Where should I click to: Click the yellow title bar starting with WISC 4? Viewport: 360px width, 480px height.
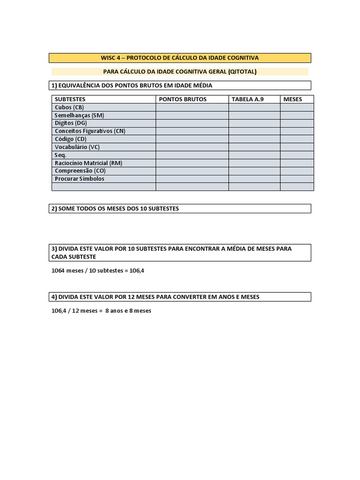click(x=180, y=58)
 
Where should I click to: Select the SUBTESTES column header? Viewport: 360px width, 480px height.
click(x=70, y=99)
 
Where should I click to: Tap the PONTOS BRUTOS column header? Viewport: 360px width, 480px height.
click(x=183, y=99)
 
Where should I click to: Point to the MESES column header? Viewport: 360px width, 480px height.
click(x=292, y=99)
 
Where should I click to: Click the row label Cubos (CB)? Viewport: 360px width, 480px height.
click(x=69, y=107)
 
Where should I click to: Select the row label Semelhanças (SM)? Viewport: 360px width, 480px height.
click(x=79, y=115)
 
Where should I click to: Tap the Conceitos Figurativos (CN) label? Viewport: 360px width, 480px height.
click(x=90, y=131)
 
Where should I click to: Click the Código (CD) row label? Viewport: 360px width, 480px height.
click(x=71, y=139)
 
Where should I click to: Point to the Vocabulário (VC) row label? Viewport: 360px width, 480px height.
click(x=77, y=147)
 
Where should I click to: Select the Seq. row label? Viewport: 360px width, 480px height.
click(x=60, y=155)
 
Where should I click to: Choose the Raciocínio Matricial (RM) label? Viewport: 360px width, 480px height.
click(x=89, y=163)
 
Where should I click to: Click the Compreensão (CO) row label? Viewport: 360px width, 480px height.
click(x=80, y=171)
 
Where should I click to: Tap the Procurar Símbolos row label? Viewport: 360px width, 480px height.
click(x=80, y=179)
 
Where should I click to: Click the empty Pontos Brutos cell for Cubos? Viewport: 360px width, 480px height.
click(x=192, y=107)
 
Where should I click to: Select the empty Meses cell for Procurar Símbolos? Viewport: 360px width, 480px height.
click(x=297, y=179)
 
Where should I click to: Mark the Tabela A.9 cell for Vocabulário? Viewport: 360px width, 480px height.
click(x=254, y=147)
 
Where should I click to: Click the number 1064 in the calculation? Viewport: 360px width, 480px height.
click(x=58, y=271)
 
